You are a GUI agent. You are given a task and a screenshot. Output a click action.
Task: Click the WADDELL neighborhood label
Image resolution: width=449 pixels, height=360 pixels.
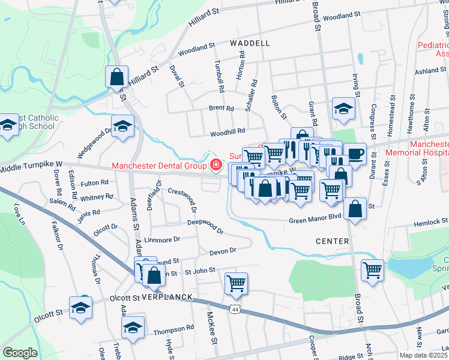click(250, 43)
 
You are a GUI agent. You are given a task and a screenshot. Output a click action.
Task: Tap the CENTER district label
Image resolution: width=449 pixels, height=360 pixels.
click(332, 241)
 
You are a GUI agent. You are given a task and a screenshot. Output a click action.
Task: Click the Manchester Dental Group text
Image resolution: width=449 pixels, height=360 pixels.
click(159, 166)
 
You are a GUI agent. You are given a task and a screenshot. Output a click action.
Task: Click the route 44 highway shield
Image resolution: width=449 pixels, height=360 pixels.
click(234, 308)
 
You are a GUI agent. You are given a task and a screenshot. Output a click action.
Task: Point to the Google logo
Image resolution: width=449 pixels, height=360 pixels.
click(20, 353)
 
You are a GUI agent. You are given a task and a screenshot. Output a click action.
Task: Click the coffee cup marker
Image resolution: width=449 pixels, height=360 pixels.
click(355, 153)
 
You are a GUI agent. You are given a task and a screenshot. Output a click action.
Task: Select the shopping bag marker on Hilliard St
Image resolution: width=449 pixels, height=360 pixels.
click(116, 77)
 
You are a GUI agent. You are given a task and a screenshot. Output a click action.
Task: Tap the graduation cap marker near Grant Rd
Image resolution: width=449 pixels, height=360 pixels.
click(343, 108)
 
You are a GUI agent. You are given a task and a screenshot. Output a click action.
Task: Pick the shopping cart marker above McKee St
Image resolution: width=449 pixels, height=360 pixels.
click(236, 283)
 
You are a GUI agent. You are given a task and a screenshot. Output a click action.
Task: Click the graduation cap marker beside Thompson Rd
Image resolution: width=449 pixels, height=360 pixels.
click(133, 327)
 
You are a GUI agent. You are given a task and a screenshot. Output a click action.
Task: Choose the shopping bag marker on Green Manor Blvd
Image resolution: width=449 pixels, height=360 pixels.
click(356, 209)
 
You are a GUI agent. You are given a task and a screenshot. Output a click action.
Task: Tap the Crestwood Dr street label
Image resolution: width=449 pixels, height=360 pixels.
click(182, 200)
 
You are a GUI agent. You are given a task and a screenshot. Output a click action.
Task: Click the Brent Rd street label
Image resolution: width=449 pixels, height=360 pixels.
click(221, 109)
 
